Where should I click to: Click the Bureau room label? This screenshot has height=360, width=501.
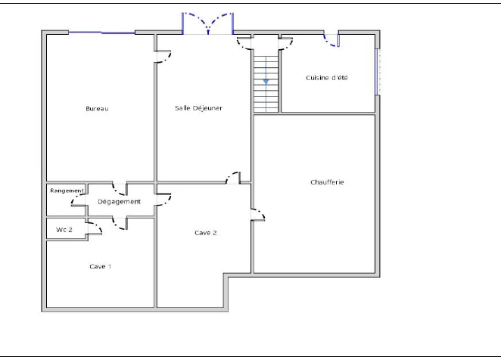[97, 109]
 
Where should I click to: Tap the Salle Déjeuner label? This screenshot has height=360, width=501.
[198, 108]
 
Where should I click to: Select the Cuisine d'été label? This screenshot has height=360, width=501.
[326, 78]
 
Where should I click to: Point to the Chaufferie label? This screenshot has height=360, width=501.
[327, 182]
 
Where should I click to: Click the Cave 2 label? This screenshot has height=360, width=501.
[205, 233]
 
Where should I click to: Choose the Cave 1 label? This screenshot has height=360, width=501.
[101, 266]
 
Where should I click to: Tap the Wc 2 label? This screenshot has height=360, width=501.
[64, 230]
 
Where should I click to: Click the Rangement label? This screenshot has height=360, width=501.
[67, 191]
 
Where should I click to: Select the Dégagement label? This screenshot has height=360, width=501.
[119, 202]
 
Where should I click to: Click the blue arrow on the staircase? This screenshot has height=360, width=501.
[266, 82]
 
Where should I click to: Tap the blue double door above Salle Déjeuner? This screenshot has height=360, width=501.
[208, 23]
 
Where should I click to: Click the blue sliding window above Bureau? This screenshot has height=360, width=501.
[101, 33]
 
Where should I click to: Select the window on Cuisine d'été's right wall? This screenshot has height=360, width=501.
[378, 72]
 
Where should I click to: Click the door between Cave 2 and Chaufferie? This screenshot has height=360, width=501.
[258, 215]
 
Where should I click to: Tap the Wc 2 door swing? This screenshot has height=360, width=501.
[95, 228]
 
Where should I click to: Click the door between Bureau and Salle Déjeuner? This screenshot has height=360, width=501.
[163, 57]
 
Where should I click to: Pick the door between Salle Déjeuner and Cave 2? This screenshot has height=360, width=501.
[233, 178]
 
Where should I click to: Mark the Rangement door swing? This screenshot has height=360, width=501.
[78, 200]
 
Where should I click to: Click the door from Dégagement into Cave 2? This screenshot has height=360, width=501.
[163, 200]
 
